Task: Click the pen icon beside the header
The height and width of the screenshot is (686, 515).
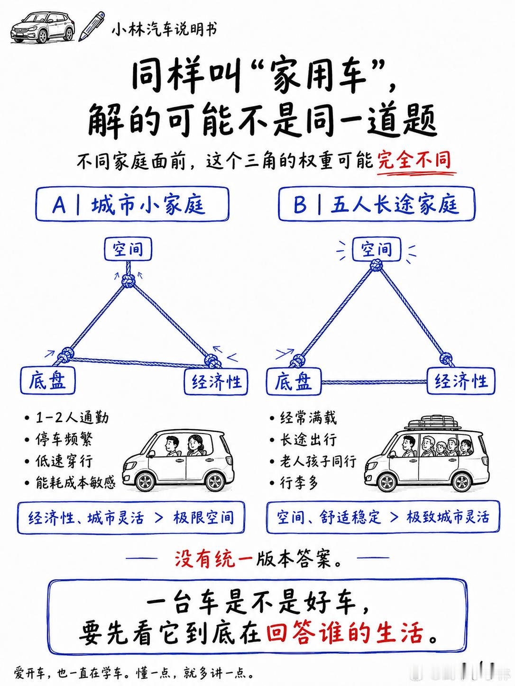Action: [x=92, y=26]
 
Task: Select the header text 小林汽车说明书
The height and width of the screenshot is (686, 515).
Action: [x=164, y=30]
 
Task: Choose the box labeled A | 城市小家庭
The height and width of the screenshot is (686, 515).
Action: [x=132, y=204]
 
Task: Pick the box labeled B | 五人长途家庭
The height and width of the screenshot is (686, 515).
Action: [x=377, y=204]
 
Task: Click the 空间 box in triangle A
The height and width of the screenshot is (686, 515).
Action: [x=128, y=249]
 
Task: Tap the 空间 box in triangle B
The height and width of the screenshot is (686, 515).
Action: [x=377, y=249]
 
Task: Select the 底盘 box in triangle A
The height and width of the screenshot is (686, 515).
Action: [x=48, y=381]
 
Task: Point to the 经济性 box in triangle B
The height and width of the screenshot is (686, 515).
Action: [x=461, y=381]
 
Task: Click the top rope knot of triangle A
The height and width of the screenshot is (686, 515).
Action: [x=128, y=281]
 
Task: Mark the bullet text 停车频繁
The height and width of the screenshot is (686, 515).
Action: [x=64, y=440]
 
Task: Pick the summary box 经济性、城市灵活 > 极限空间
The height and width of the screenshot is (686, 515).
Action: [x=131, y=518]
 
